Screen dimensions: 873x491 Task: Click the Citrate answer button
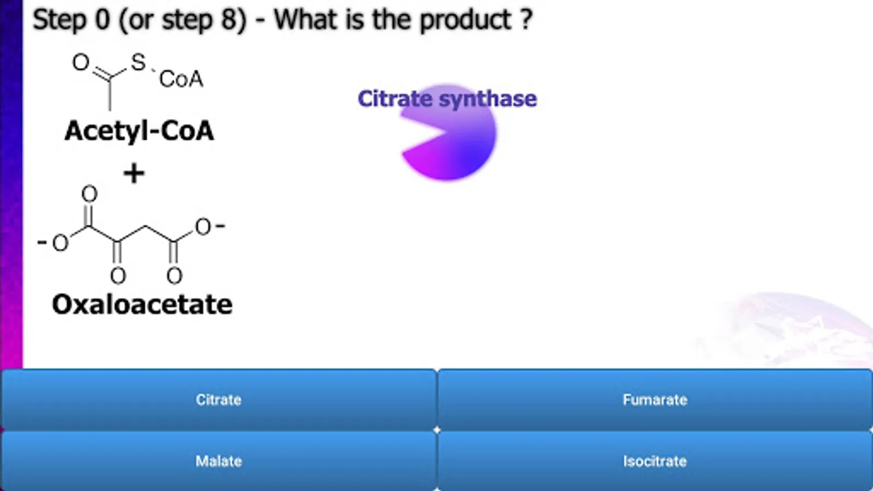(x=218, y=399)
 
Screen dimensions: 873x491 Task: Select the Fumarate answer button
(x=655, y=399)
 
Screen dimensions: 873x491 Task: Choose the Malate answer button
(x=218, y=462)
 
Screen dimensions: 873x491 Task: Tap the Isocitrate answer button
(x=655, y=462)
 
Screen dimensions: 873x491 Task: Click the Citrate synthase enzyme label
(x=447, y=99)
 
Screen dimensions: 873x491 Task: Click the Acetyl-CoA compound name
(x=139, y=131)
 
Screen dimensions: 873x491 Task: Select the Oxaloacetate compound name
(x=142, y=304)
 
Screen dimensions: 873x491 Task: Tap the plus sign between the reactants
(x=134, y=173)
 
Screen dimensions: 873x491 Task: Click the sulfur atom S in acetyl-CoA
(x=139, y=62)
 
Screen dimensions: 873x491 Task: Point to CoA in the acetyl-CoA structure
(x=181, y=79)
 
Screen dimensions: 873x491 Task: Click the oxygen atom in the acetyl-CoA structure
(x=81, y=62)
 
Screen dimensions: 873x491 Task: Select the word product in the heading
(x=464, y=20)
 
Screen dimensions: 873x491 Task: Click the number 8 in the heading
(x=229, y=20)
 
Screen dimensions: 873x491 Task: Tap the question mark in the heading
(x=526, y=20)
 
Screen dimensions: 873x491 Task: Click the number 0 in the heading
(x=102, y=20)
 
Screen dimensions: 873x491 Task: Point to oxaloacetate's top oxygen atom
(x=89, y=194)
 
